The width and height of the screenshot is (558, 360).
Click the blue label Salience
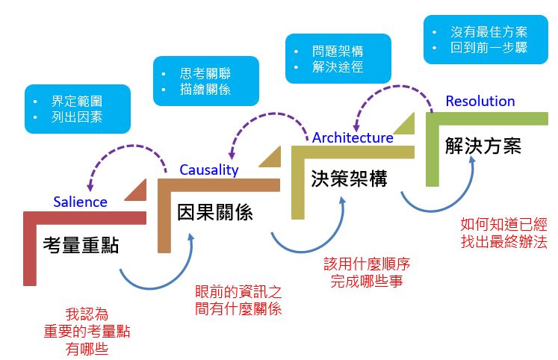80,202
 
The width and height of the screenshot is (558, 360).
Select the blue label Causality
208,170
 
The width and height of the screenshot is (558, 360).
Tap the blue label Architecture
352,137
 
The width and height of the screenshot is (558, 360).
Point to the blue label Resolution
480,101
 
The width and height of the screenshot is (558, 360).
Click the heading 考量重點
81,244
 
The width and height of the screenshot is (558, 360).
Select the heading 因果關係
214,212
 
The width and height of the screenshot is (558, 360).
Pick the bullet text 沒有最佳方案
489,32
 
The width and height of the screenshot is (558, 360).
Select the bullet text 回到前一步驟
489,49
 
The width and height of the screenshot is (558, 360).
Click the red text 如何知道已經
503,223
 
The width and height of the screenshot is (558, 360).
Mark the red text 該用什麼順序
367,264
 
